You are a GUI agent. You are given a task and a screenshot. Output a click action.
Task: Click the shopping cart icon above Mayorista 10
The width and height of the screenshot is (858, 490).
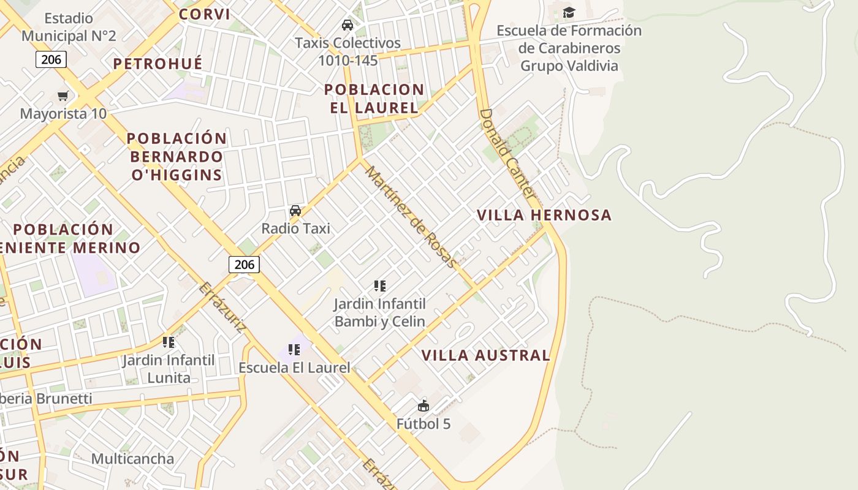[63, 96]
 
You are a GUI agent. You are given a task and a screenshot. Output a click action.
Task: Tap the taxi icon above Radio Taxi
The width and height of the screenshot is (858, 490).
[295, 211]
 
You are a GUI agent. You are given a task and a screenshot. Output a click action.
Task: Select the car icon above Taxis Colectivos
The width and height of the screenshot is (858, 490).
[347, 25]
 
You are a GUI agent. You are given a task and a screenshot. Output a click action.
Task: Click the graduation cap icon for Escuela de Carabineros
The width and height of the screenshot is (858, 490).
[569, 12]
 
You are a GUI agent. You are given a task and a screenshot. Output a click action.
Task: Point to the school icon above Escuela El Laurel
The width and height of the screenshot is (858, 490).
[294, 350]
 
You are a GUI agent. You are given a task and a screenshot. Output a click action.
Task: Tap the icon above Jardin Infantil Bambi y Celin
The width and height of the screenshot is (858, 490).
[380, 285]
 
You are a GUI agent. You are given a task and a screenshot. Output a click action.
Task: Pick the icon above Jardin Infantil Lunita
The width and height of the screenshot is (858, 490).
[169, 342]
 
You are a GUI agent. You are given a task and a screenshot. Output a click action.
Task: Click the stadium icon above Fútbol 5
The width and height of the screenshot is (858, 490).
[423, 405]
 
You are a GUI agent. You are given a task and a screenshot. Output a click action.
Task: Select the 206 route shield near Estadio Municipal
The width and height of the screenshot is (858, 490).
[51, 59]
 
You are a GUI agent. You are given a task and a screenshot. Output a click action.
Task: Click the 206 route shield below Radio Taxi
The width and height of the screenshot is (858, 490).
[244, 265]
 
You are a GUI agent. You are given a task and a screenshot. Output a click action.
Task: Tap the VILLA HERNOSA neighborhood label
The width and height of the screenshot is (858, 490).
[544, 215]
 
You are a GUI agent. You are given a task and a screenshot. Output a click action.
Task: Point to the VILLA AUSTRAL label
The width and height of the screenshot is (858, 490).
[486, 355]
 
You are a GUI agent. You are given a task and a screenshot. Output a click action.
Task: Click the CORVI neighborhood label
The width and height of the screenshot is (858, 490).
[205, 14]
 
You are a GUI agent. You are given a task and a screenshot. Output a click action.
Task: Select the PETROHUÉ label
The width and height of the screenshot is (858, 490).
[158, 64]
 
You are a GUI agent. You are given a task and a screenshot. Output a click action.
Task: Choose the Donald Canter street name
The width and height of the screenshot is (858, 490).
[507, 153]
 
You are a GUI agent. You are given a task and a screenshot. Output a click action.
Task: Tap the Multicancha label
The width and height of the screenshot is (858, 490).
[132, 459]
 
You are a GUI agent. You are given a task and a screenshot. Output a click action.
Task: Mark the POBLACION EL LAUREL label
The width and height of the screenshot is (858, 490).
[374, 99]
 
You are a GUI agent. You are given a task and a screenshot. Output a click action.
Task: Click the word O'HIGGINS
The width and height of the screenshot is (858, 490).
[177, 175]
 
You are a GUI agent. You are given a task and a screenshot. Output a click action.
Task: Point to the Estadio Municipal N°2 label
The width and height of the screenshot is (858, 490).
[69, 27]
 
